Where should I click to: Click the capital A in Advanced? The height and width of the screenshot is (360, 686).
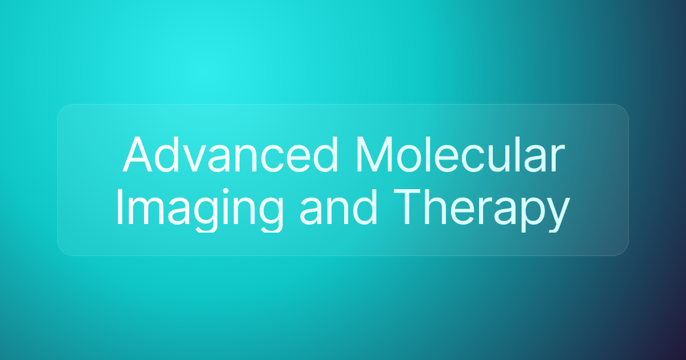(x=138, y=155)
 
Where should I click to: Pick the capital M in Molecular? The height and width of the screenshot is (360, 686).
(x=374, y=155)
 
